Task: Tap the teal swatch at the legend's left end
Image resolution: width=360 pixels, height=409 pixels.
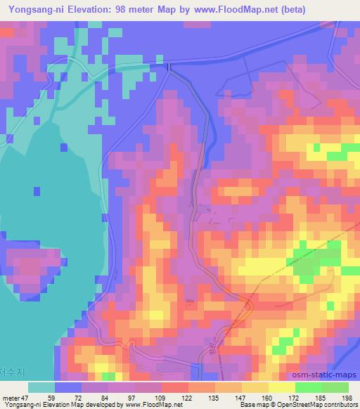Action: pyautogui.click(x=41, y=387)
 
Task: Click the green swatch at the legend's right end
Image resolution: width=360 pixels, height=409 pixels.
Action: pyautogui.click(x=335, y=387)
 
